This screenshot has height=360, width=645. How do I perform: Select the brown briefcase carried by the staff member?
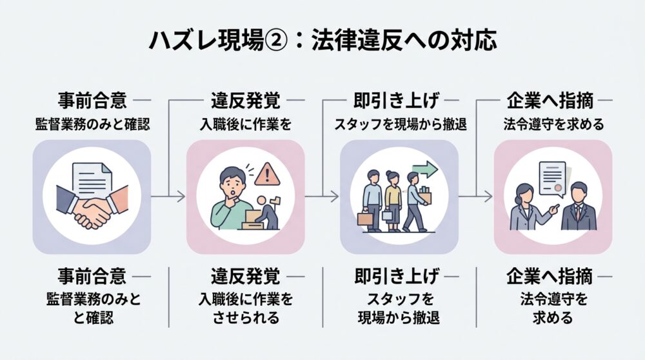[x=365, y=218]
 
